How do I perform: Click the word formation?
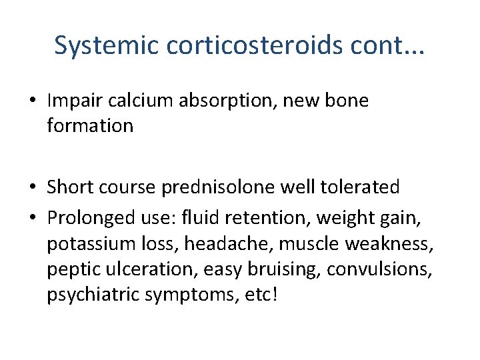point(90,125)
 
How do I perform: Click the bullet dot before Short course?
point(32,187)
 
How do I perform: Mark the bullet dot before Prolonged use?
point(32,217)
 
